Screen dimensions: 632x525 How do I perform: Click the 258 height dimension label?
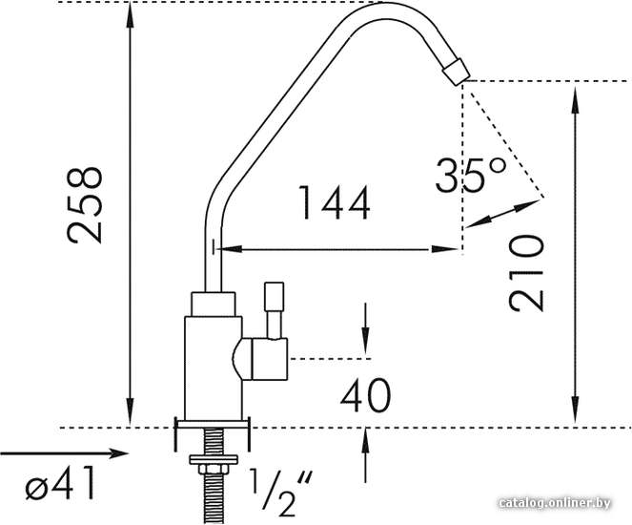click(x=84, y=205)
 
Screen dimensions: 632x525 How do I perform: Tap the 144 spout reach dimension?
click(x=334, y=202)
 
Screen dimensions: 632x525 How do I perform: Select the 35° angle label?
click(x=470, y=175)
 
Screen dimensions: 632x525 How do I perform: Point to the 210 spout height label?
click(x=526, y=273)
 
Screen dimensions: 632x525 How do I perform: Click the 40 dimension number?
click(x=366, y=395)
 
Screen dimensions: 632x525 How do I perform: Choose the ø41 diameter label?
click(x=60, y=483)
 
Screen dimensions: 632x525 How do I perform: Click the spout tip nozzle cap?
click(x=457, y=72)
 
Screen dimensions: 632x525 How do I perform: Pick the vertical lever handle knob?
click(x=274, y=296)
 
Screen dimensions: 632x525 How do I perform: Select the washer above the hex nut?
click(x=214, y=459)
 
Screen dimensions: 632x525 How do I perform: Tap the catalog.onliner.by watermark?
click(x=554, y=503)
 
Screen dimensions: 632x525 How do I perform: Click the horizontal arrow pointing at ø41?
click(x=65, y=453)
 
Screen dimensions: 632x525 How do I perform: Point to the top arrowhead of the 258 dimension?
click(x=130, y=16)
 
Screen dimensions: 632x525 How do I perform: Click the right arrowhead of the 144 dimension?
click(x=445, y=249)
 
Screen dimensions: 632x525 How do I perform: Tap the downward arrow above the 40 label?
click(x=365, y=330)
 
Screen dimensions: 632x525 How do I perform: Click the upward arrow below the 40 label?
click(x=365, y=456)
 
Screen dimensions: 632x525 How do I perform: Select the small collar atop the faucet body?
click(x=214, y=304)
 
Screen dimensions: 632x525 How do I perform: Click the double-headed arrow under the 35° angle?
click(x=504, y=213)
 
